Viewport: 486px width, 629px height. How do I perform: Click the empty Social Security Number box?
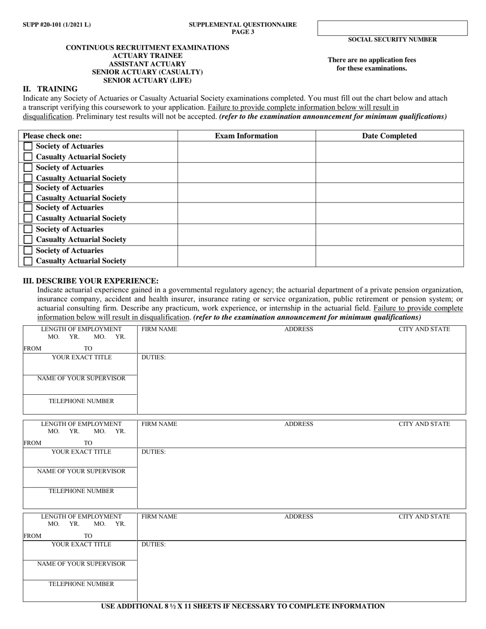pyautogui.click(x=392, y=28)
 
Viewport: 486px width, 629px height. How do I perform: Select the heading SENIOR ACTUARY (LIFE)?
pyautogui.click(x=147, y=80)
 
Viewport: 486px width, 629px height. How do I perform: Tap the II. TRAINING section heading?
pyautogui.click(x=50, y=88)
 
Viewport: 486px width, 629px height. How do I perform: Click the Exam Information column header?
pyautogui.click(x=246, y=136)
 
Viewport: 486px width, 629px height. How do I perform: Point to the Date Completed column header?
pyautogui.click(x=389, y=136)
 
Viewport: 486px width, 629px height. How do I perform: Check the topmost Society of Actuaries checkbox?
pyautogui.click(x=28, y=146)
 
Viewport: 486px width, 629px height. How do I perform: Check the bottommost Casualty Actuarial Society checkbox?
pyautogui.click(x=28, y=261)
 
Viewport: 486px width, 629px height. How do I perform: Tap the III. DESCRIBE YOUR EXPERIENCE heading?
pyautogui.click(x=91, y=281)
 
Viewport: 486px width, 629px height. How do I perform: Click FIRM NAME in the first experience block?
pyautogui.click(x=159, y=329)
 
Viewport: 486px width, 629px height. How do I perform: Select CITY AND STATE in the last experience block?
pyautogui.click(x=424, y=516)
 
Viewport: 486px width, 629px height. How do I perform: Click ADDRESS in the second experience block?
pyautogui.click(x=299, y=424)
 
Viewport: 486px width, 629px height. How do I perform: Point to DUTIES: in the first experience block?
pyautogui.click(x=153, y=357)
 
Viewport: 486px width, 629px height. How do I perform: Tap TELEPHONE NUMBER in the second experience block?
pyautogui.click(x=81, y=491)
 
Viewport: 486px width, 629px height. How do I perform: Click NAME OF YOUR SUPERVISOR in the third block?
pyautogui.click(x=81, y=564)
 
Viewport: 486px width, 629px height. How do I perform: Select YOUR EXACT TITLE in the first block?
pyautogui.click(x=81, y=357)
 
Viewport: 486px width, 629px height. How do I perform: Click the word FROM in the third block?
pyautogui.click(x=32, y=536)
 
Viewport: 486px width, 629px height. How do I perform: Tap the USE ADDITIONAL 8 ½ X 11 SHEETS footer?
pyautogui.click(x=242, y=606)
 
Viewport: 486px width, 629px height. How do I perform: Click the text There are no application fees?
pyautogui.click(x=372, y=60)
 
